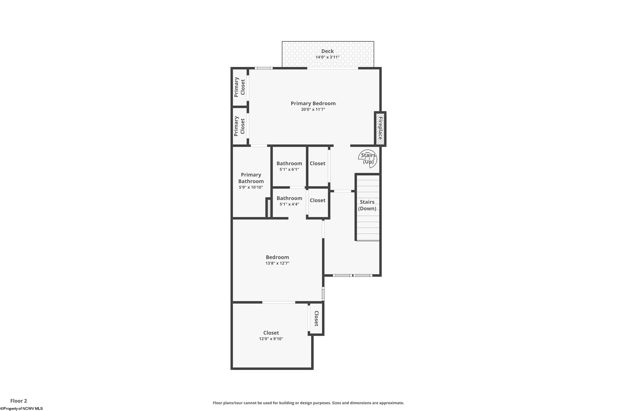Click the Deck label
[327, 51]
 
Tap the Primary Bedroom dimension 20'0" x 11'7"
[313, 109]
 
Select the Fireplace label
[380, 128]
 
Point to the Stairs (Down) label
[367, 205]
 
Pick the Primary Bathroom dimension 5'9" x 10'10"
[251, 187]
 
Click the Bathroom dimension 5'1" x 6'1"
[289, 169]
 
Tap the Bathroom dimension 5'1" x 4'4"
[289, 204]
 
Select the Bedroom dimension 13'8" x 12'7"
[277, 263]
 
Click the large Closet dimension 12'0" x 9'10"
[271, 339]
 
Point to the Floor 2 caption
[19, 401]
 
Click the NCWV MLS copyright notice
[22, 408]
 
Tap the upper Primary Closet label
[240, 87]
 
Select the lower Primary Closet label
[240, 126]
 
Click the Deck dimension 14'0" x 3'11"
[327, 57]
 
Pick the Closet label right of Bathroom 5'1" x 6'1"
[317, 163]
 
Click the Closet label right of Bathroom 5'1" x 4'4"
[317, 200]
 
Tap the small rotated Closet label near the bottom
[316, 319]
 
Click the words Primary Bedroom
[313, 104]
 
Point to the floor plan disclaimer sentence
[308, 403]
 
